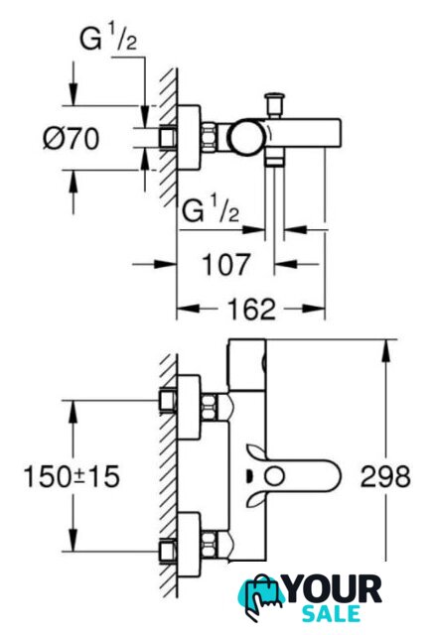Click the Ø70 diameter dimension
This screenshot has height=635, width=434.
71,138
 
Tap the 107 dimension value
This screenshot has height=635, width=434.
226,265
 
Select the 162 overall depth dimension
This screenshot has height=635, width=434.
251,309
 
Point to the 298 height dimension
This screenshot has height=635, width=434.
385,476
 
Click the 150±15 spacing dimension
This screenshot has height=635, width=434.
72,476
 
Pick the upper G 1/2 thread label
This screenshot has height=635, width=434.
108,39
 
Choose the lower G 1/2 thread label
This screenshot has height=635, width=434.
211,210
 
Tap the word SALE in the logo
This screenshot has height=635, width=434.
332,613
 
